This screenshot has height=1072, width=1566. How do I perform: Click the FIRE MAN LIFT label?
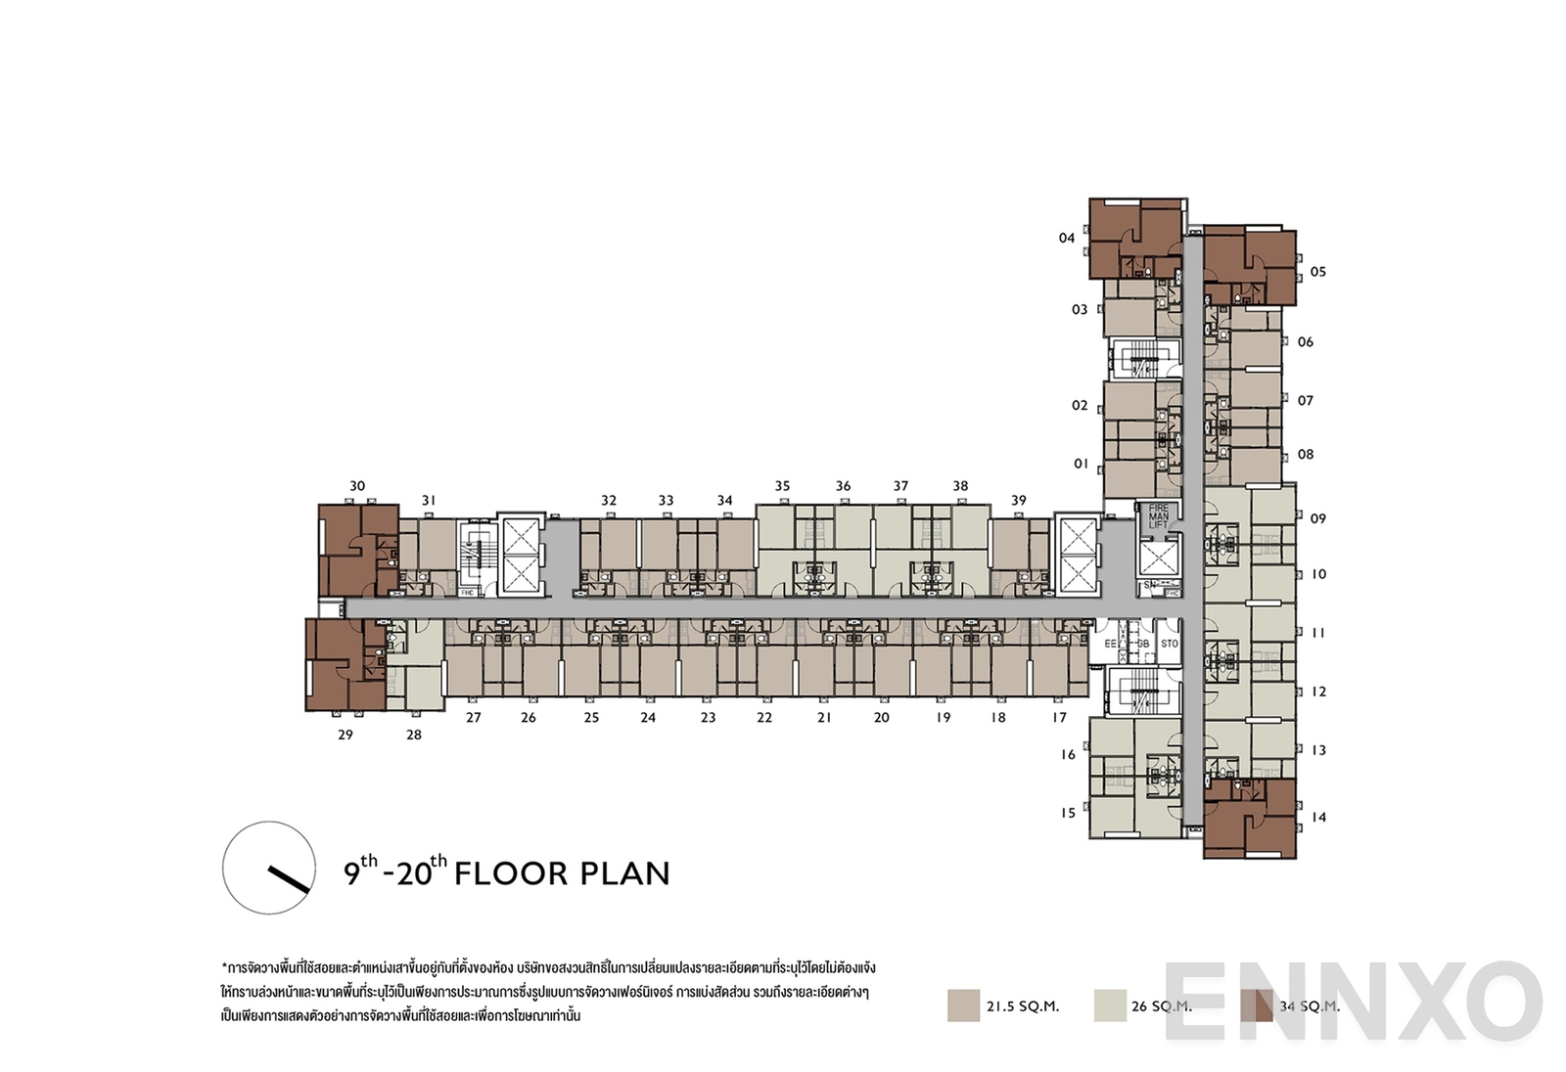tap(1159, 517)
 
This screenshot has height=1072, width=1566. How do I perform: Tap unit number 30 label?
tap(357, 486)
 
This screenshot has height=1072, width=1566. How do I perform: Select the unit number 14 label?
tap(1318, 817)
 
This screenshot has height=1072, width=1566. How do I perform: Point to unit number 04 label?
tap(1067, 238)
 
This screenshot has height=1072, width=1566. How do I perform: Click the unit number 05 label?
tap(1317, 272)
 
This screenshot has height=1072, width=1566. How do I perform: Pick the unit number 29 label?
tap(345, 735)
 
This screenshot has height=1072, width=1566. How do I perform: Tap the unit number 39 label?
tap(1019, 500)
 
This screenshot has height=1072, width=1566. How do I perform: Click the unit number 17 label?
tap(1059, 717)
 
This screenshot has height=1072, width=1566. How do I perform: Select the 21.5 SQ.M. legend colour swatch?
tap(963, 1005)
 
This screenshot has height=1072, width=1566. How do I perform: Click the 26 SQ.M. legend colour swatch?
tap(1110, 1005)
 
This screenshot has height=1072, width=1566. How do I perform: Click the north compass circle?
tap(269, 868)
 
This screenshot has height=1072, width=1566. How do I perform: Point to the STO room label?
tap(1170, 644)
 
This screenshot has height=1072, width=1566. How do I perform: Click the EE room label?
tap(1110, 644)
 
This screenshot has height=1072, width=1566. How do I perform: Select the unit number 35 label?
tap(782, 486)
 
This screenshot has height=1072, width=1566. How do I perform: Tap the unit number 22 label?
tap(764, 717)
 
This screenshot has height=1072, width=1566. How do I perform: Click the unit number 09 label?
tap(1317, 518)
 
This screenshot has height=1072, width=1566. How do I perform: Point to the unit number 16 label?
tap(1068, 754)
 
